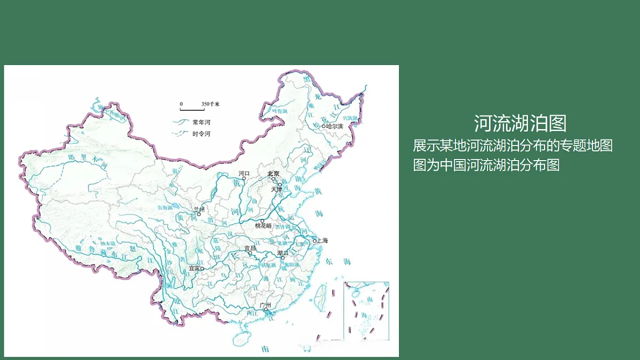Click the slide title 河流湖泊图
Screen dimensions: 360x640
[x=520, y=124]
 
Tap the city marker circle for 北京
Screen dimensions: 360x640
[x=273, y=179]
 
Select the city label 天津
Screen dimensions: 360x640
[x=276, y=189]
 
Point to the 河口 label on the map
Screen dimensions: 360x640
[x=244, y=173]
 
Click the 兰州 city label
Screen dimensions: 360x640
[x=198, y=209]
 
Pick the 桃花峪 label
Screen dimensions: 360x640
[x=263, y=226]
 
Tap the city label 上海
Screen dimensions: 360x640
[x=323, y=241]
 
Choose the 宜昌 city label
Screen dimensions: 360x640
[x=250, y=248]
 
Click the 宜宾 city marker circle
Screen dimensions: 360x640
[x=202, y=269]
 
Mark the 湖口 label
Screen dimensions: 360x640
[x=283, y=252]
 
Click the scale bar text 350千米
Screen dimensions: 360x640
[x=211, y=103]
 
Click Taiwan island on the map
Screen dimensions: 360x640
[x=322, y=296]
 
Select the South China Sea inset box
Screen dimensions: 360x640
[x=366, y=311]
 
